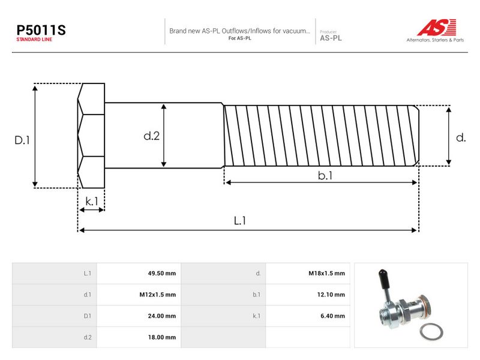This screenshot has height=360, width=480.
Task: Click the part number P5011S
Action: pyautogui.click(x=41, y=30)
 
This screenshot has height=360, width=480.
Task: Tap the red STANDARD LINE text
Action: pyautogui.click(x=34, y=40)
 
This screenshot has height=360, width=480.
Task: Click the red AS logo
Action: pyautogui.click(x=437, y=27)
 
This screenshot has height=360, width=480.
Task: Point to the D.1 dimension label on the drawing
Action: pyautogui.click(x=22, y=140)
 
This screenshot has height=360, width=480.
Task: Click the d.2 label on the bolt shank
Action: pyautogui.click(x=152, y=136)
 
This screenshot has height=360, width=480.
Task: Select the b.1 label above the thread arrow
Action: pyautogui.click(x=325, y=175)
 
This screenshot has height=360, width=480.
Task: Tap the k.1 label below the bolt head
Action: pyautogui.click(x=92, y=202)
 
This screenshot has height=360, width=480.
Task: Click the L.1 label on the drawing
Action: pyautogui.click(x=239, y=220)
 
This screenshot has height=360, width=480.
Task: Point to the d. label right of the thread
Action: pyautogui.click(x=461, y=137)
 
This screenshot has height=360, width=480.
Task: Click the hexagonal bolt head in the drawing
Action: pyautogui.click(x=91, y=136)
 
